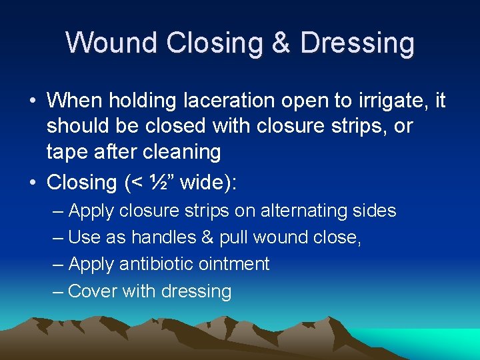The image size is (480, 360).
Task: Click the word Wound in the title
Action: pos(111,43)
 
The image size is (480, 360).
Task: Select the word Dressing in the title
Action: pos(357,43)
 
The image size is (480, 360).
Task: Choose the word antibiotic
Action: pos(151,264)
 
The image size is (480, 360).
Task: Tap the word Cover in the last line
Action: pos(93,291)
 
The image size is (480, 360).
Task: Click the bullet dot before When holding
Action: pos(32,101)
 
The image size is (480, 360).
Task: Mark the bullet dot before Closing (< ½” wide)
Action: pos(32,183)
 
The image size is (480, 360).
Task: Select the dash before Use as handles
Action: pos(58,238)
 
